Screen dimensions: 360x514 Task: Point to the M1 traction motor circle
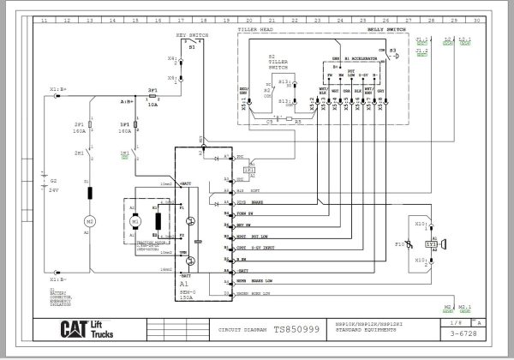coord(134,220)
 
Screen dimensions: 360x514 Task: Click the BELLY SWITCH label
coord(388,29)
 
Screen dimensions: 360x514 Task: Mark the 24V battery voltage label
coord(54,189)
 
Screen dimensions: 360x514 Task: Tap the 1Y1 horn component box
coord(433,244)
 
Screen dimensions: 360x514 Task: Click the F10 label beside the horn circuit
coord(399,244)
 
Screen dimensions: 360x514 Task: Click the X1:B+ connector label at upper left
coord(60,88)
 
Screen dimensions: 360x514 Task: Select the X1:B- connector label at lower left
coord(60,279)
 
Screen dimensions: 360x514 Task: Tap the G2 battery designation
coord(53,181)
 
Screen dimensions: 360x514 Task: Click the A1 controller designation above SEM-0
coord(184,283)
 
